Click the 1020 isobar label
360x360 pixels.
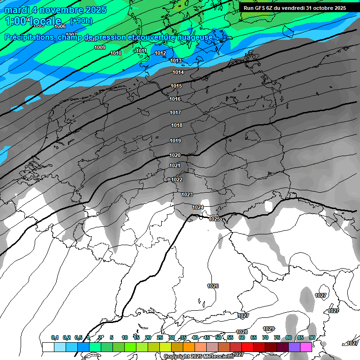[175, 155]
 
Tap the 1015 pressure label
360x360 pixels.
[176, 86]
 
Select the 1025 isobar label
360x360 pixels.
[214, 219]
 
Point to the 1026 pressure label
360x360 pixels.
[213, 286]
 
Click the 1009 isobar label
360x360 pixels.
[100, 47]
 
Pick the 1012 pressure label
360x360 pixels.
[160, 53]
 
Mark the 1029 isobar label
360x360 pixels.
[269, 329]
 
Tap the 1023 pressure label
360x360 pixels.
[187, 195]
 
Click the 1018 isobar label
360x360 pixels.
[177, 125]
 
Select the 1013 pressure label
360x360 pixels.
[176, 60]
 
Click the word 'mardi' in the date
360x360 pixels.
[18, 10]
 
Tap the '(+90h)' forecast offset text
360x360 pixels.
[81, 21]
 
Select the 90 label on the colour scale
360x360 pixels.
[312, 337]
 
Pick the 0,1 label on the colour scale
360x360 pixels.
[55, 337]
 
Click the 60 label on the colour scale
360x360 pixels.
[242, 337]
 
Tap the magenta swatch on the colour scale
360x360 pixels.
[306, 347]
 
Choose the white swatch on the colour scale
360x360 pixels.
[48, 347]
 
